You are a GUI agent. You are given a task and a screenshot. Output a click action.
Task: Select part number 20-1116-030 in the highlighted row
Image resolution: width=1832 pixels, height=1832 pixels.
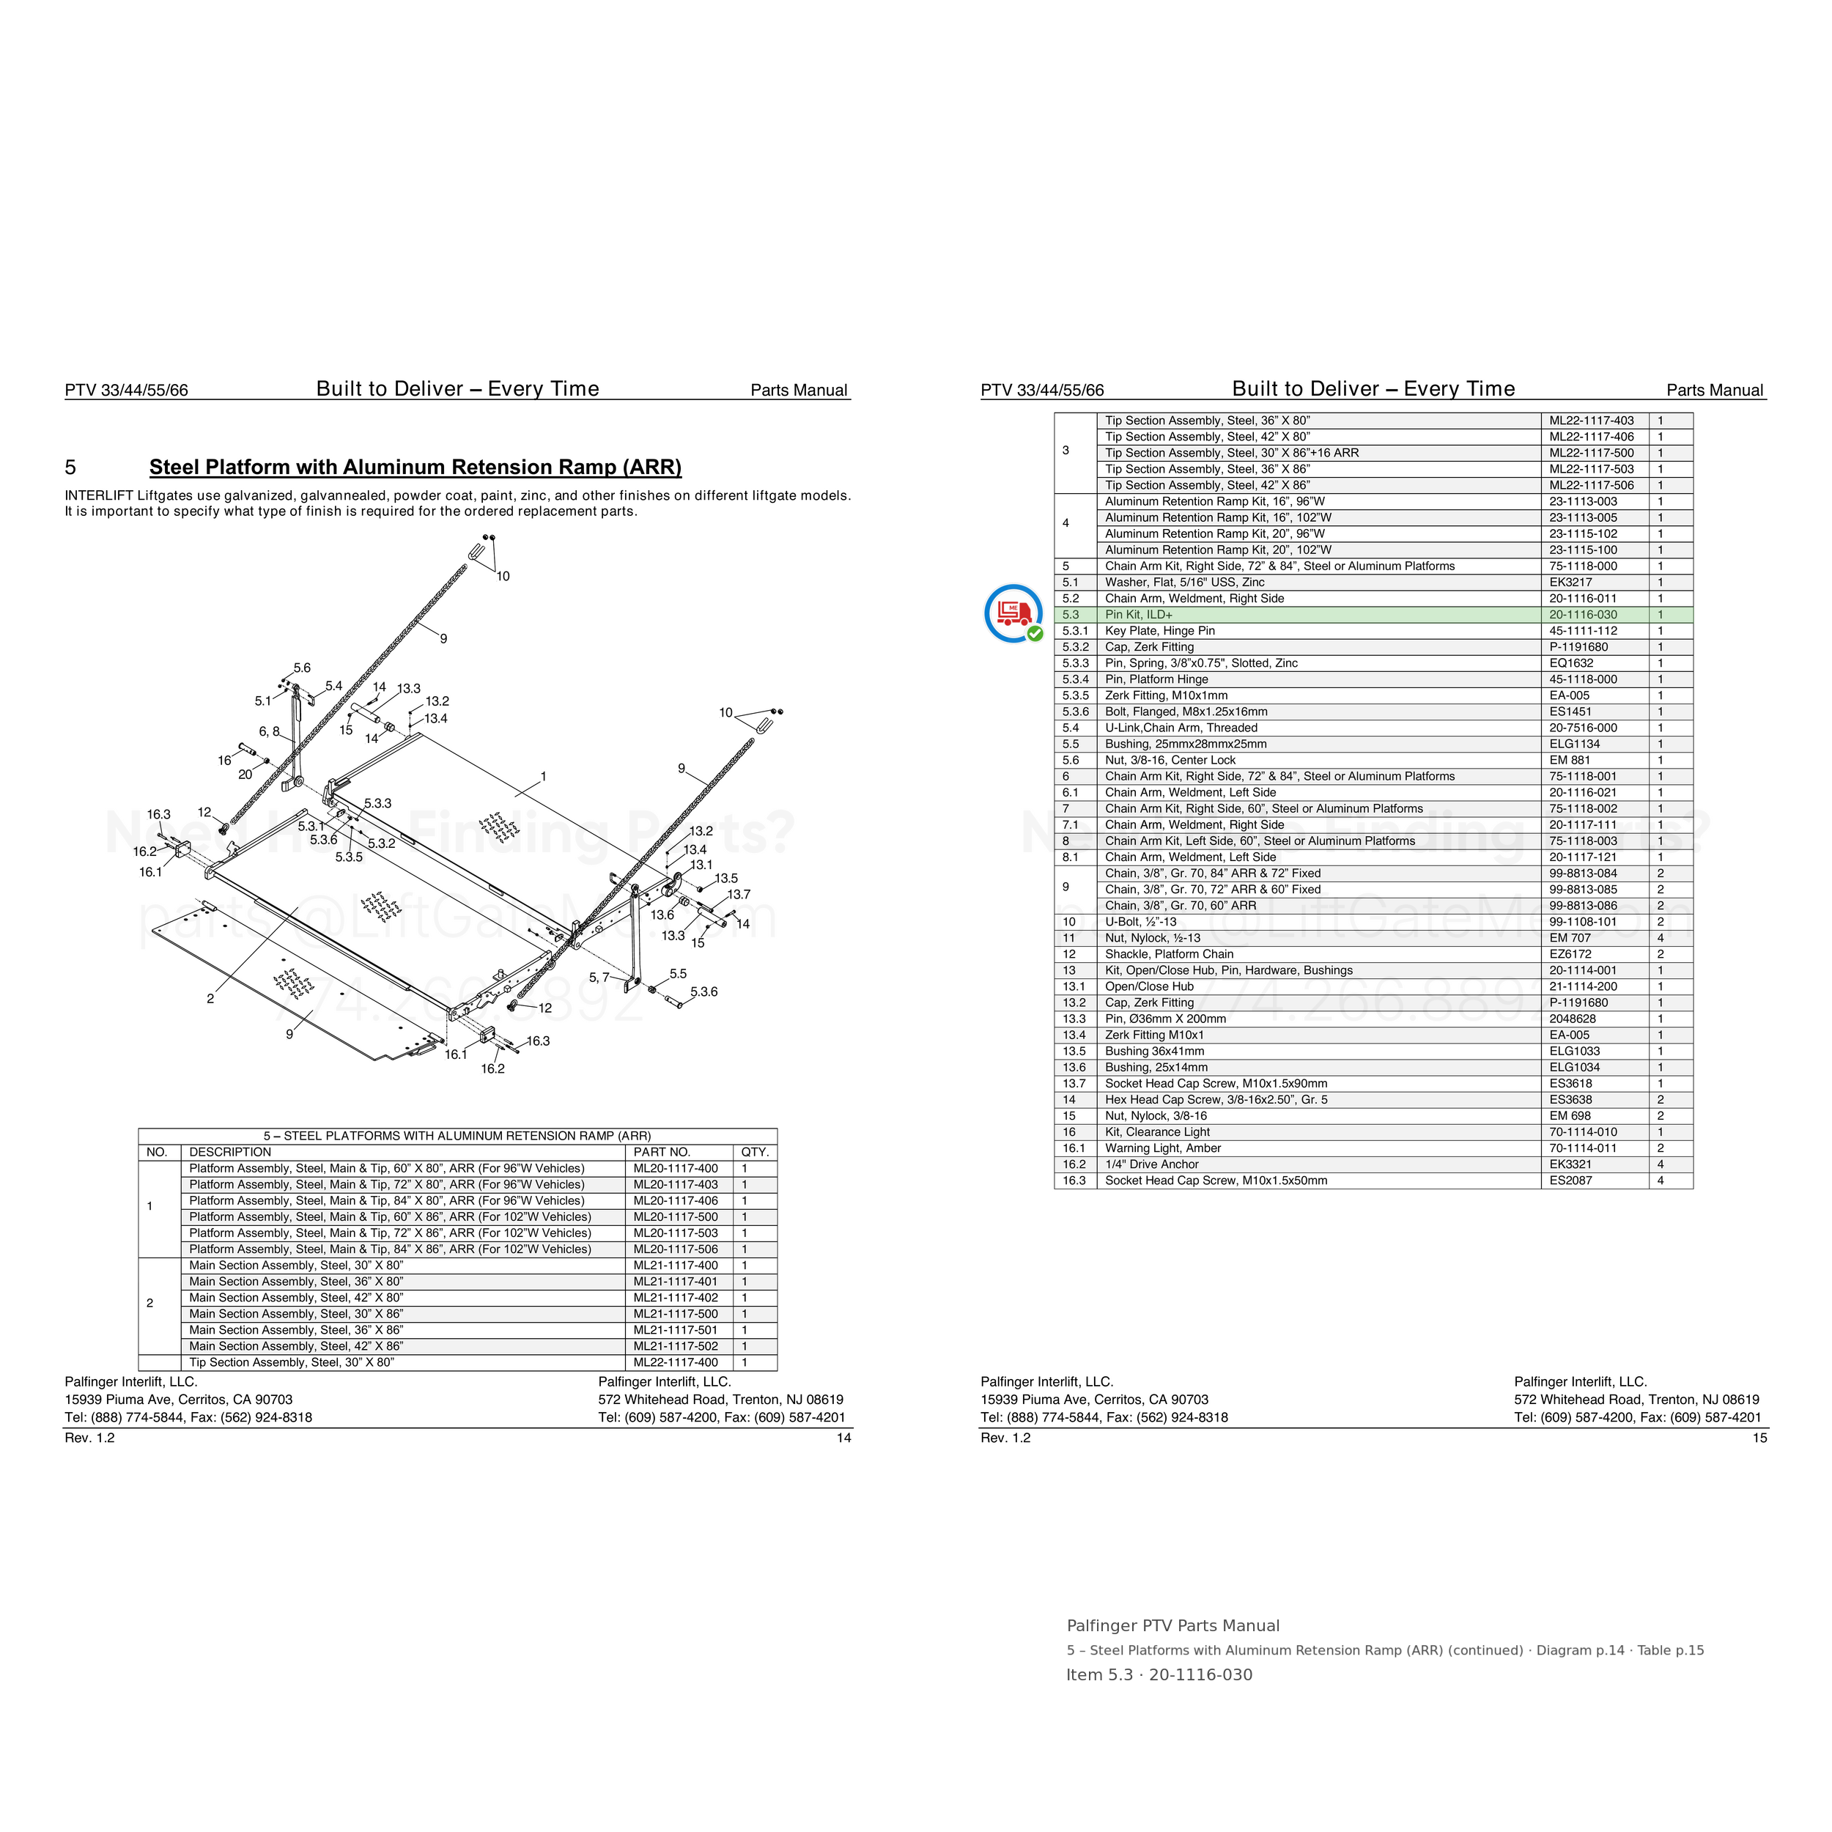(x=1584, y=615)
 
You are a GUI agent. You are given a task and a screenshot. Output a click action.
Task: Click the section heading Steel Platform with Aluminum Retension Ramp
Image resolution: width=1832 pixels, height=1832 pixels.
(x=415, y=468)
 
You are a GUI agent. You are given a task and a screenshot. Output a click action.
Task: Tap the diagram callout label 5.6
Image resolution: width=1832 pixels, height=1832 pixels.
(x=301, y=668)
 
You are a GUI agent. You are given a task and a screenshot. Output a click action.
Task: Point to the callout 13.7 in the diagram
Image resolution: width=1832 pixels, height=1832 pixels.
(x=739, y=894)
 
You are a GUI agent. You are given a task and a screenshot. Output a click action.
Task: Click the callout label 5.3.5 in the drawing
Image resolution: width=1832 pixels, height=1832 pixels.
(x=349, y=857)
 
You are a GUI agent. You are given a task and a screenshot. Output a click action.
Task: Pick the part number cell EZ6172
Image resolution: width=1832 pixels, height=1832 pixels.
(x=1571, y=954)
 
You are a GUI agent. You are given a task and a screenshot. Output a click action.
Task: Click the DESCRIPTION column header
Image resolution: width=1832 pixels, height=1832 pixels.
(x=230, y=1152)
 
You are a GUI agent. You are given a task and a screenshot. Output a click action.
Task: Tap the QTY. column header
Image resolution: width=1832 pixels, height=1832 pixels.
(x=755, y=1152)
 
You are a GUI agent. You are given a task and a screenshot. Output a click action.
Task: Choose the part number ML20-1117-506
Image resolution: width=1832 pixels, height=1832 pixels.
(x=676, y=1249)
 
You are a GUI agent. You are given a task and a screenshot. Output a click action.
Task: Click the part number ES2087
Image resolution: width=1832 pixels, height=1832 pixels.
(x=1571, y=1181)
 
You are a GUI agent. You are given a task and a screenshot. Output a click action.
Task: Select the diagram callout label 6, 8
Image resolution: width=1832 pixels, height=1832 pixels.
(x=269, y=731)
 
